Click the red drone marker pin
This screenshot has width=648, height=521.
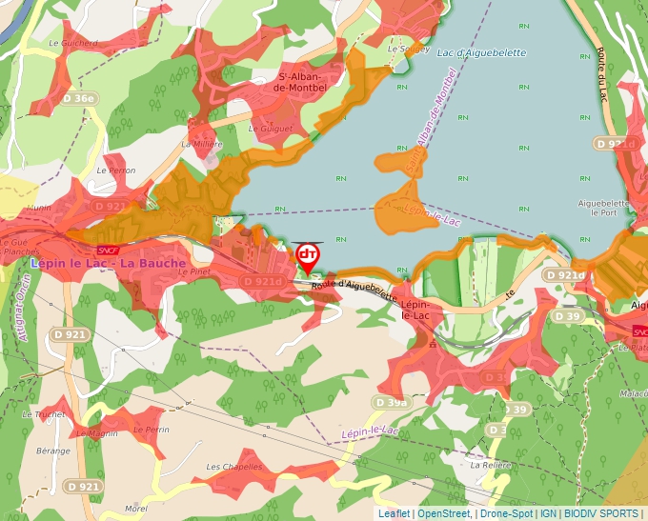(x=308, y=256)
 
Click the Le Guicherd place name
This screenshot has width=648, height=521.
(x=73, y=43)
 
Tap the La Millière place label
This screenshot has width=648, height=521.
(x=201, y=144)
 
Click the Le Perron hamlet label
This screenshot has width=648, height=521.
(x=116, y=170)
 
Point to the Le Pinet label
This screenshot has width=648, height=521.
(x=194, y=271)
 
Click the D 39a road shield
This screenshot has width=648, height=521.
(x=391, y=403)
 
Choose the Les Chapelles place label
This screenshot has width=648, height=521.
(x=233, y=467)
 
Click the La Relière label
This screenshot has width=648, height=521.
(x=490, y=466)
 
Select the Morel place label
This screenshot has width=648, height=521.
(x=136, y=509)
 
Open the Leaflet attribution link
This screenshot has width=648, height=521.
(x=395, y=513)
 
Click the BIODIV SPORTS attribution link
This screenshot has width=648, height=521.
(x=601, y=513)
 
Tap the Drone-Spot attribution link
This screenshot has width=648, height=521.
(x=506, y=513)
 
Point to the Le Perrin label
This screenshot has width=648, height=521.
(x=151, y=430)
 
